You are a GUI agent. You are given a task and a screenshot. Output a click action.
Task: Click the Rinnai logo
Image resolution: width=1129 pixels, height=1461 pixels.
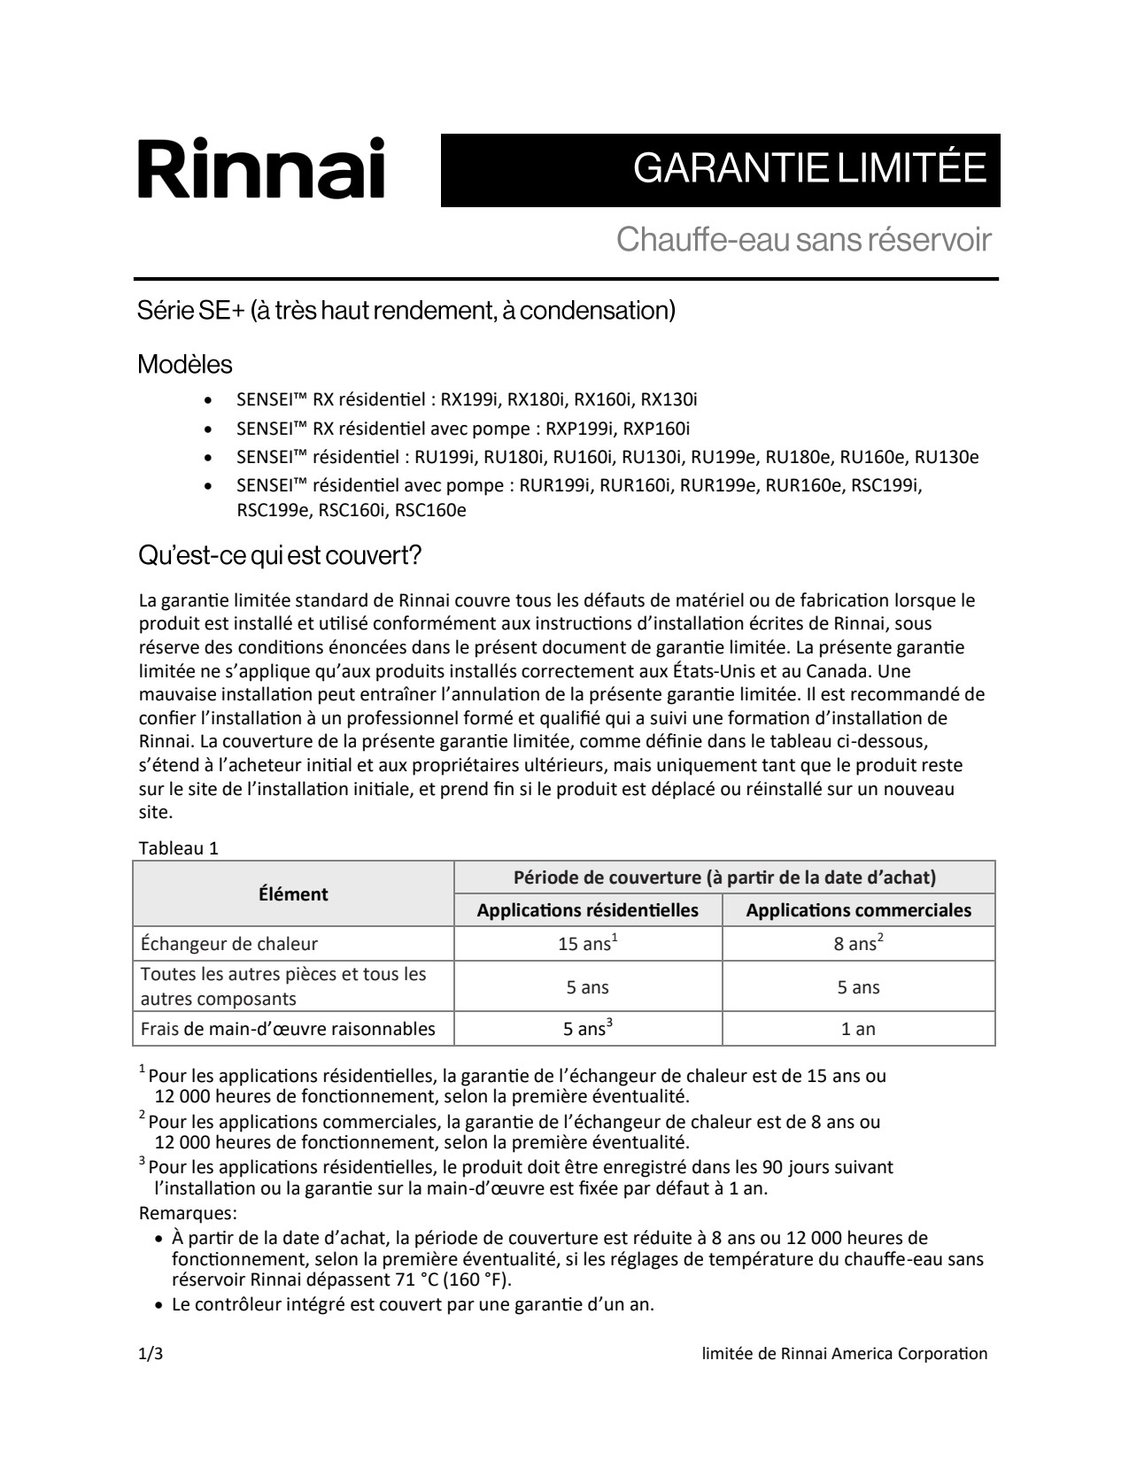click(261, 168)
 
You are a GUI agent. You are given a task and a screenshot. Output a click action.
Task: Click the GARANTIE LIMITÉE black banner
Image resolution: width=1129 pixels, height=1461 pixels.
click(720, 170)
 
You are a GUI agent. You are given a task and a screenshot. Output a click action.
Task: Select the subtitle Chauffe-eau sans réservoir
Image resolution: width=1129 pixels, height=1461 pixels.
click(803, 239)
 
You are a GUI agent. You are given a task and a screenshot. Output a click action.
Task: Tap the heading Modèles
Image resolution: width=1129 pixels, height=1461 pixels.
click(185, 364)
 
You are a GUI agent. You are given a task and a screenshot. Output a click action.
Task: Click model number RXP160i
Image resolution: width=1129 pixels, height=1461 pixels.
click(656, 429)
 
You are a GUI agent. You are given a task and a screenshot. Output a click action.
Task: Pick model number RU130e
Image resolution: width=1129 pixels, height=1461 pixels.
click(947, 457)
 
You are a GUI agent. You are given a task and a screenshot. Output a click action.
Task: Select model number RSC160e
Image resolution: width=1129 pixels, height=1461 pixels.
click(430, 510)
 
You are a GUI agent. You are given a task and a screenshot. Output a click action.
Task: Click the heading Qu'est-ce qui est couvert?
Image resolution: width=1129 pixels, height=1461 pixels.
click(280, 556)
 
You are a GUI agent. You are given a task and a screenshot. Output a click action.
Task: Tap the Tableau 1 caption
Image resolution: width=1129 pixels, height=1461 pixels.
click(179, 847)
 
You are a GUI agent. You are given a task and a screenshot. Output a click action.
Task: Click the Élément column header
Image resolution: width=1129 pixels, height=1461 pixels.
click(293, 894)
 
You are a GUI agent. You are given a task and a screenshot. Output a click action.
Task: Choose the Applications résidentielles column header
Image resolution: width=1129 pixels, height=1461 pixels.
click(588, 910)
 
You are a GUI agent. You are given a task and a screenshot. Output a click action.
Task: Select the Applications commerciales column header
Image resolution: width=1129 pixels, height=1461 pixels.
click(858, 910)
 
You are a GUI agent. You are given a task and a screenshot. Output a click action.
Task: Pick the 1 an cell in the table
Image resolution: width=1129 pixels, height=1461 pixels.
click(858, 1029)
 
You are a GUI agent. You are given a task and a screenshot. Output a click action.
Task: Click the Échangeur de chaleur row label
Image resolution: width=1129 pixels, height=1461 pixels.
click(229, 944)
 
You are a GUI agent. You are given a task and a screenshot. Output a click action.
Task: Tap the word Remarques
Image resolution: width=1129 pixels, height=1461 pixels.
click(188, 1213)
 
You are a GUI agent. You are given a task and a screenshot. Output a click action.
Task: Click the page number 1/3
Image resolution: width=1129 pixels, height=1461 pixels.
click(151, 1353)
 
